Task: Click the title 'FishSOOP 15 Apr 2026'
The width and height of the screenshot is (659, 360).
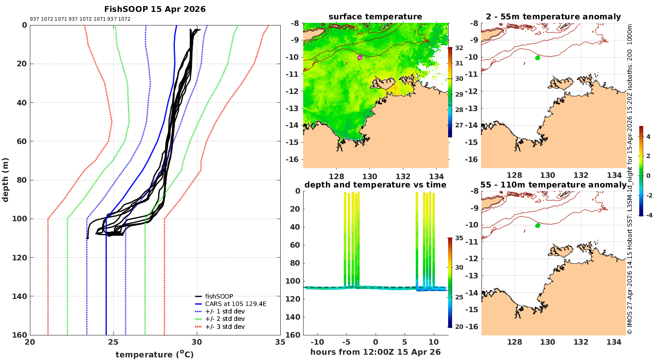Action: coord(155,9)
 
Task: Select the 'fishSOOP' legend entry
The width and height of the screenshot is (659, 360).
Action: coord(219,296)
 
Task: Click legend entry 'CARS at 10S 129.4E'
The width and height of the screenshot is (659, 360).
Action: coord(235,304)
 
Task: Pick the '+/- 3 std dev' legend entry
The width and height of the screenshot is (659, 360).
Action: coord(224,327)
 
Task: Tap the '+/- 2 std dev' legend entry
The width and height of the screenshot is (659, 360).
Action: coord(224,319)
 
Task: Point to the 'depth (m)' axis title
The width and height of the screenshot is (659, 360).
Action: coord(5,180)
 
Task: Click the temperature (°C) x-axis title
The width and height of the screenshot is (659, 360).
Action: coord(154,354)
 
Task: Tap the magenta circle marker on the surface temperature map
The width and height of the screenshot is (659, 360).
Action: coord(360,58)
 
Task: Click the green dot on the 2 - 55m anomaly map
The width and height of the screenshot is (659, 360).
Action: coord(537,58)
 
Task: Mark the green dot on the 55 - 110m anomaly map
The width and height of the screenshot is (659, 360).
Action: coord(537,226)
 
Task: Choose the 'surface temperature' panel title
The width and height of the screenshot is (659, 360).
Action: coord(375,17)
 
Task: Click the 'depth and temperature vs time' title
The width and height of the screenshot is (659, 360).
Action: coord(375,185)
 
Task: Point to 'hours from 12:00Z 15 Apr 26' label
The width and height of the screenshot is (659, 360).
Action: coord(375,352)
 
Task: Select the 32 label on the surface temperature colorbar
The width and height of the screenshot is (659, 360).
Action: coord(459,48)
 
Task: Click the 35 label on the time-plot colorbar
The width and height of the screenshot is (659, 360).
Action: coord(459,238)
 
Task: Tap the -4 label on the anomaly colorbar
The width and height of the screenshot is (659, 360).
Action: coord(648,215)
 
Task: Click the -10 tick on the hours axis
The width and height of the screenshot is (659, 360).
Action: coord(317,342)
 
